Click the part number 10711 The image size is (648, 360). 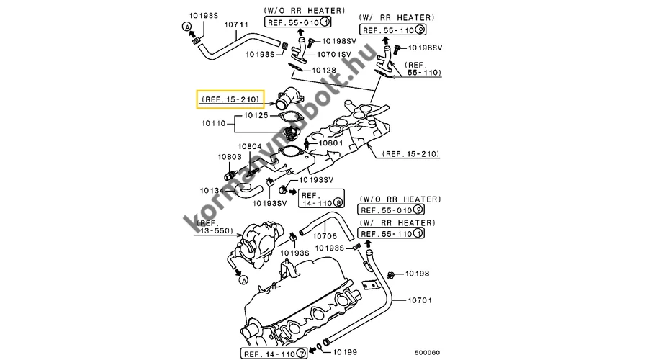coord(238,24)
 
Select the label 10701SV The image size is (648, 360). coord(333,54)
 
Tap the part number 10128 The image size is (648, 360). coord(324,71)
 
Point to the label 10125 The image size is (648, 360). coord(256,114)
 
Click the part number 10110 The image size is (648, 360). coord(213,124)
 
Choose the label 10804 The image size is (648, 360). coord(250,146)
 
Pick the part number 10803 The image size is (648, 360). coord(230,156)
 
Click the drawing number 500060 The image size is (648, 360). coord(427,352)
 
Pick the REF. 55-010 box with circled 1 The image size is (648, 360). coord(292,22)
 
